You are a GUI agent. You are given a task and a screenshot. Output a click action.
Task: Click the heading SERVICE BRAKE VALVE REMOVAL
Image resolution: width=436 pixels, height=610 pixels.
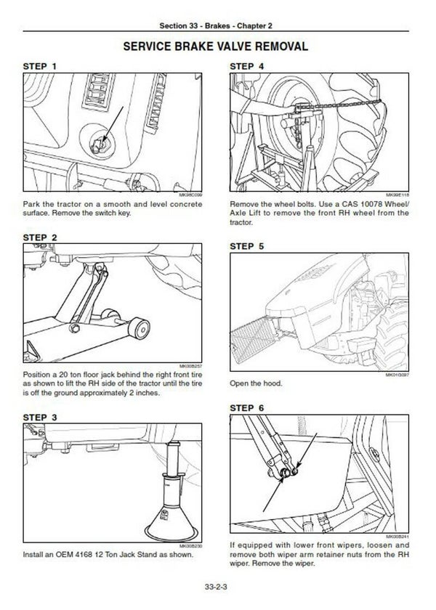218,46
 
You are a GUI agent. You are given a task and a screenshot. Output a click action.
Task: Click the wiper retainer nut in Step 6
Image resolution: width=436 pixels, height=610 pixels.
291,474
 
